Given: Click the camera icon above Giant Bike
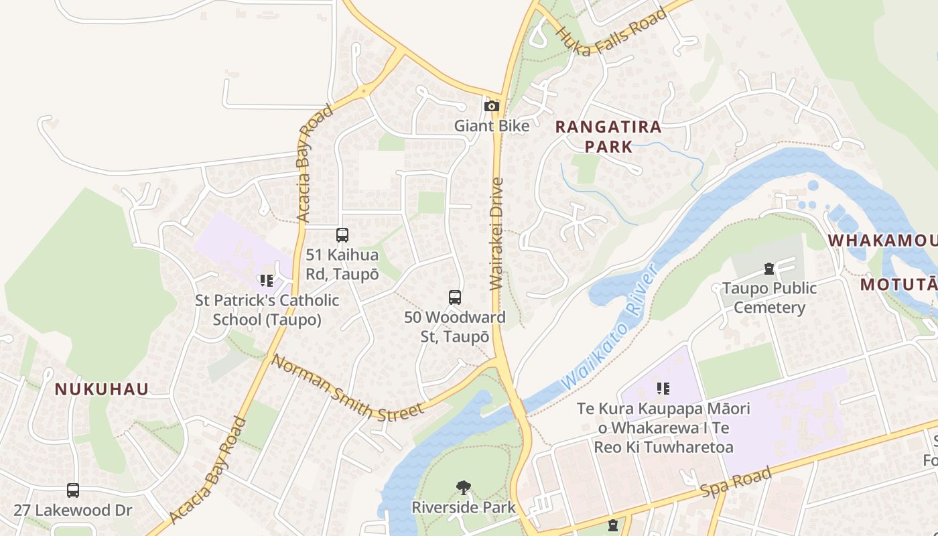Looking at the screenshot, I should [492, 106].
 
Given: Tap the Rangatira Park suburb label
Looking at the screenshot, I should [608, 137].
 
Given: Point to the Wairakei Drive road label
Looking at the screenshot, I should [496, 234].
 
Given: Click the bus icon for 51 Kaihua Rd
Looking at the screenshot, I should [342, 235].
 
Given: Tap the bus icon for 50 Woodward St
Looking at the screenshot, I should [455, 297].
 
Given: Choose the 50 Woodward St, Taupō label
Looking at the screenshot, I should [455, 326].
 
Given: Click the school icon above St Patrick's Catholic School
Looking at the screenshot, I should [267, 281].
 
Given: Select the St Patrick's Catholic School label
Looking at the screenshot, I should [267, 310].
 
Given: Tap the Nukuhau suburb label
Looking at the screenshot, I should [102, 389].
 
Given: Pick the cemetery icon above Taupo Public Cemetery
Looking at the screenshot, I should [769, 269].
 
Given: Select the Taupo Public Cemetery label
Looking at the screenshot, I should [769, 298].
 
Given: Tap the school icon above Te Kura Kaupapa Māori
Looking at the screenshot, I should [663, 389].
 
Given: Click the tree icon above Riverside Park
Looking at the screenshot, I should [463, 487].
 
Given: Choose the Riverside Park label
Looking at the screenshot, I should [464, 507].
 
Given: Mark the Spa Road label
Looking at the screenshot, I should [736, 482].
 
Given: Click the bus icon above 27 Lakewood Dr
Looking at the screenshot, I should [73, 490].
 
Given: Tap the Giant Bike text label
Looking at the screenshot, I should [492, 126].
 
